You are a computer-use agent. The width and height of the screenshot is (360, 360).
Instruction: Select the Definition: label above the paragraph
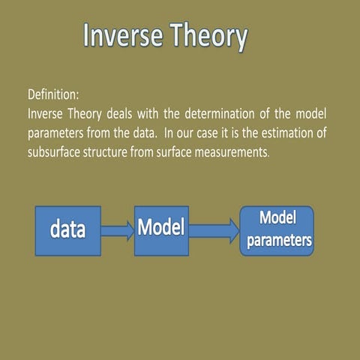(x=53, y=97)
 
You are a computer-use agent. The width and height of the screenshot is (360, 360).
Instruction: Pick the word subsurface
(x=53, y=149)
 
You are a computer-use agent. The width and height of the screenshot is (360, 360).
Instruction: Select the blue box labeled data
(x=68, y=230)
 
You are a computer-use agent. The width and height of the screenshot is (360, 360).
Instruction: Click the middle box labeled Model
(x=160, y=226)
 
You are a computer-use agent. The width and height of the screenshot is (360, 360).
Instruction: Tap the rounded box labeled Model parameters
(x=277, y=230)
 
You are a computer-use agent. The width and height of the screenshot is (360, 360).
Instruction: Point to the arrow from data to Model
(x=118, y=230)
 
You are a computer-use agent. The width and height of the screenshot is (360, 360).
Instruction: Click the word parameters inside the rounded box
(x=277, y=241)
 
